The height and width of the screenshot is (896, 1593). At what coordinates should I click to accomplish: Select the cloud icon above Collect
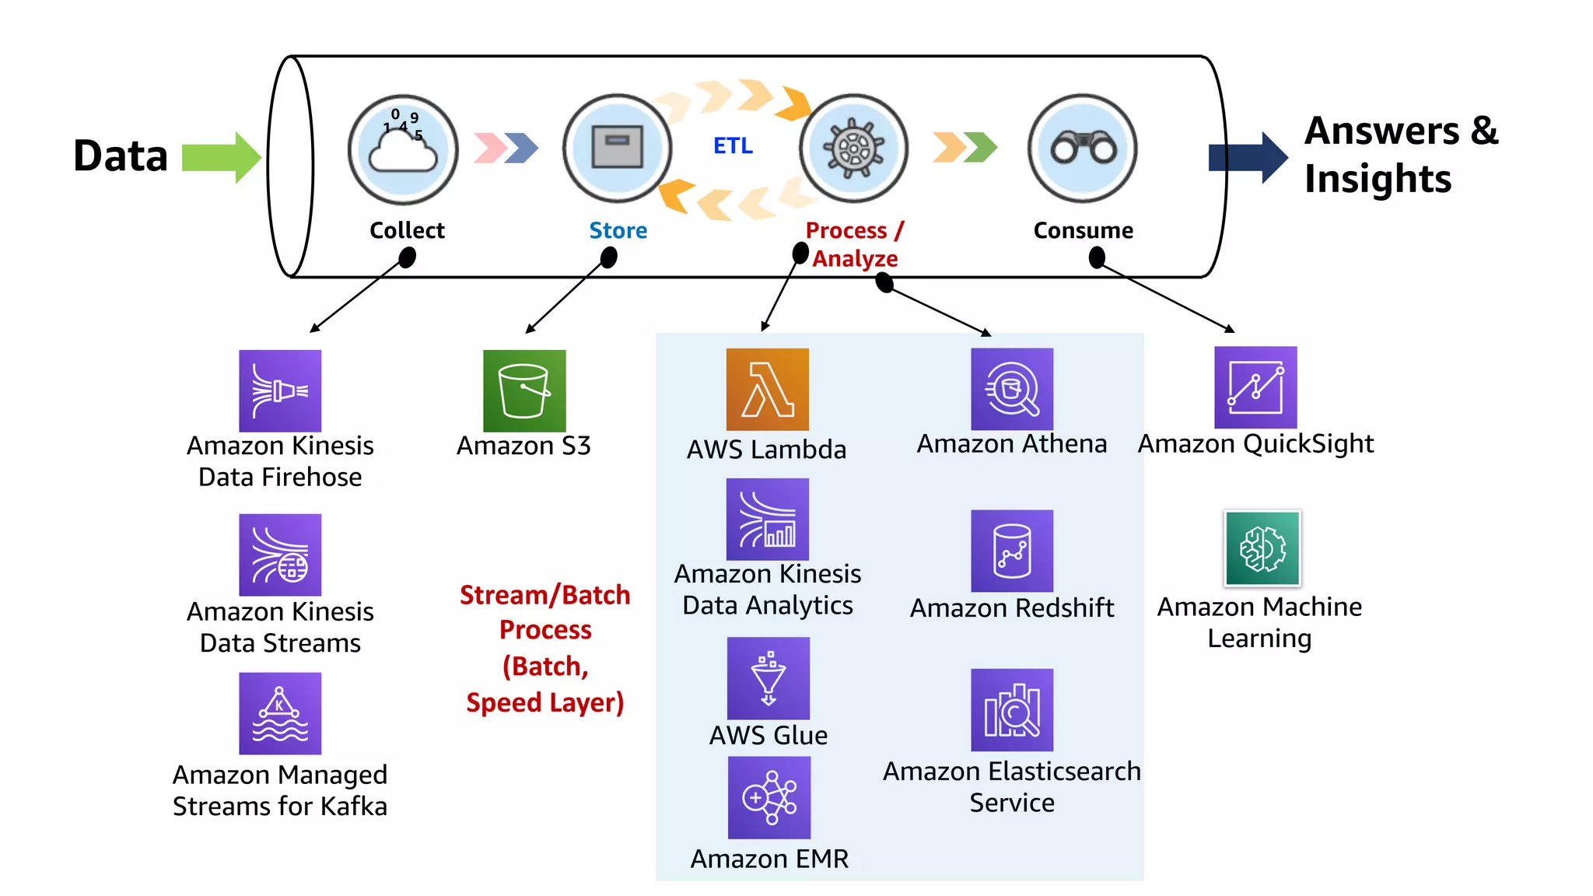click(x=403, y=149)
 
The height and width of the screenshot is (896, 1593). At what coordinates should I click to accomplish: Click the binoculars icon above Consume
click(x=1083, y=148)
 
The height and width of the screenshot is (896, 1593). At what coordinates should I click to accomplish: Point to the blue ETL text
click(x=733, y=145)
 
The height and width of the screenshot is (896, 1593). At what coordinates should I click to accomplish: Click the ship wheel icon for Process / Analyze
click(x=854, y=148)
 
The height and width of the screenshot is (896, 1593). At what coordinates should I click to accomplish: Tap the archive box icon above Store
click(x=618, y=147)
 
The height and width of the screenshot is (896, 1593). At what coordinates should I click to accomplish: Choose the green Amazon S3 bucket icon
click(x=524, y=390)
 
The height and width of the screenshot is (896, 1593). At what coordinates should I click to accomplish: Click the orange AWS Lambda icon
click(x=767, y=389)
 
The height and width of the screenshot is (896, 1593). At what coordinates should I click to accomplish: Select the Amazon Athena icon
click(x=1012, y=389)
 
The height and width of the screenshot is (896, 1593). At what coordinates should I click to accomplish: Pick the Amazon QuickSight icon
click(x=1255, y=387)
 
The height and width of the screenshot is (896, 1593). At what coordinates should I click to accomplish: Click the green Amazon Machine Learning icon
click(x=1262, y=548)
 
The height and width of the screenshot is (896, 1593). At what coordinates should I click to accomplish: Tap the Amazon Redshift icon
click(x=1012, y=551)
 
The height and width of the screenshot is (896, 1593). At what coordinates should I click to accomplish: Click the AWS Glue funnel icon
click(x=768, y=678)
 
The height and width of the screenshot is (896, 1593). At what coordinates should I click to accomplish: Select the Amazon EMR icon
click(x=768, y=797)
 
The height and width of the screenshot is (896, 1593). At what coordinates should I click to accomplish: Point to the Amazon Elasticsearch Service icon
click(x=1012, y=709)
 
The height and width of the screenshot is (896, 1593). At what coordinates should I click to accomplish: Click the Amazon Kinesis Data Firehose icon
click(x=280, y=390)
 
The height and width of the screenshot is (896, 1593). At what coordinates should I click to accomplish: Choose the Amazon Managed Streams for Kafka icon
click(x=280, y=713)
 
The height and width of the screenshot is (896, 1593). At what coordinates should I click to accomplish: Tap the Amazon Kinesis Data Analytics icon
click(x=767, y=519)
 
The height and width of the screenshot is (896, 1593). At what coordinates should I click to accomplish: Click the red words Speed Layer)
click(x=544, y=702)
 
